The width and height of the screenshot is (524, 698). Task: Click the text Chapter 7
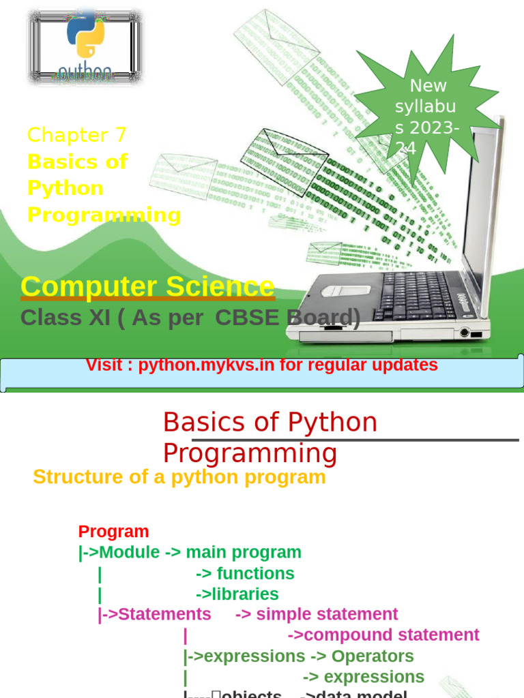coord(76,135)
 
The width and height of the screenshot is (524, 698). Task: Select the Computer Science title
coord(147,286)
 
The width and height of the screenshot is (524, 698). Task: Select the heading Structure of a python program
coord(179,477)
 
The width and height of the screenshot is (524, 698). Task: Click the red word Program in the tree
coord(113,532)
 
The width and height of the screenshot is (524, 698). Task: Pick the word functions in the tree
coord(255,574)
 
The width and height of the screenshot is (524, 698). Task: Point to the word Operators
coord(373,656)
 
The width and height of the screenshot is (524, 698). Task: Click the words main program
coord(244,553)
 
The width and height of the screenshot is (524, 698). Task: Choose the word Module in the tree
coord(129,553)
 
